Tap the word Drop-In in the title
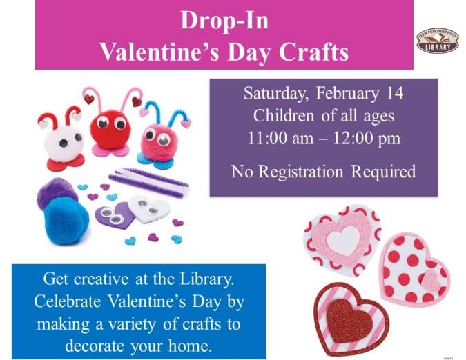[x=224, y=21]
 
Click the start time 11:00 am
[x=278, y=137]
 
